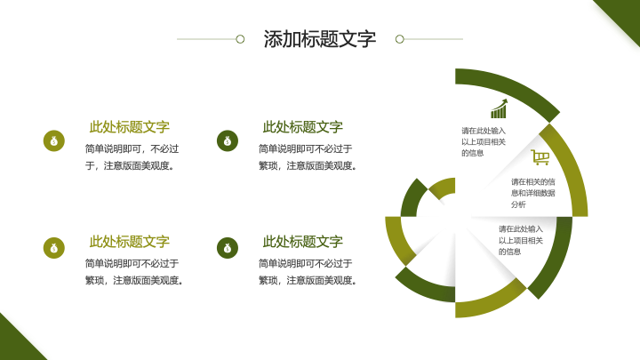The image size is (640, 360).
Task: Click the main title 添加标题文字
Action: [x=320, y=39]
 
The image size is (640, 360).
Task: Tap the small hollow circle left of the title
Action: [x=240, y=39]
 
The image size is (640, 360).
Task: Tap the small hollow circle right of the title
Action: [x=400, y=39]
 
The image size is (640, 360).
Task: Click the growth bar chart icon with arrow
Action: [x=500, y=108]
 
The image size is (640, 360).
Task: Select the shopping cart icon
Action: [x=540, y=157]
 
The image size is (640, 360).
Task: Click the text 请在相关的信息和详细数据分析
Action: [x=532, y=193]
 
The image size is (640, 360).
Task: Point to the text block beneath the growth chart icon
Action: [x=484, y=142]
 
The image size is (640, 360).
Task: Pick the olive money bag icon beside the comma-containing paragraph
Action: [x=54, y=140]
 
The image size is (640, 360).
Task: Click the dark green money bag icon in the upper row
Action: [x=228, y=140]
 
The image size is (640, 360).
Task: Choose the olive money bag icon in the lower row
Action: [x=54, y=248]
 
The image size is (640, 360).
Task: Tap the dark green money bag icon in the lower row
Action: [x=228, y=248]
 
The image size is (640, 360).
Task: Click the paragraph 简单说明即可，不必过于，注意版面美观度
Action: [x=132, y=157]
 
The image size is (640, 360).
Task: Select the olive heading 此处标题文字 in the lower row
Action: [x=130, y=242]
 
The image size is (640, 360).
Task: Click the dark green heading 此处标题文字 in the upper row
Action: [x=302, y=127]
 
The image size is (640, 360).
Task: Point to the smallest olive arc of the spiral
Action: [x=442, y=187]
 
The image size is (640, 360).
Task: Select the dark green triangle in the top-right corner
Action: [x=621, y=19]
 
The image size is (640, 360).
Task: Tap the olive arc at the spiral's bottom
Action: [x=490, y=303]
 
